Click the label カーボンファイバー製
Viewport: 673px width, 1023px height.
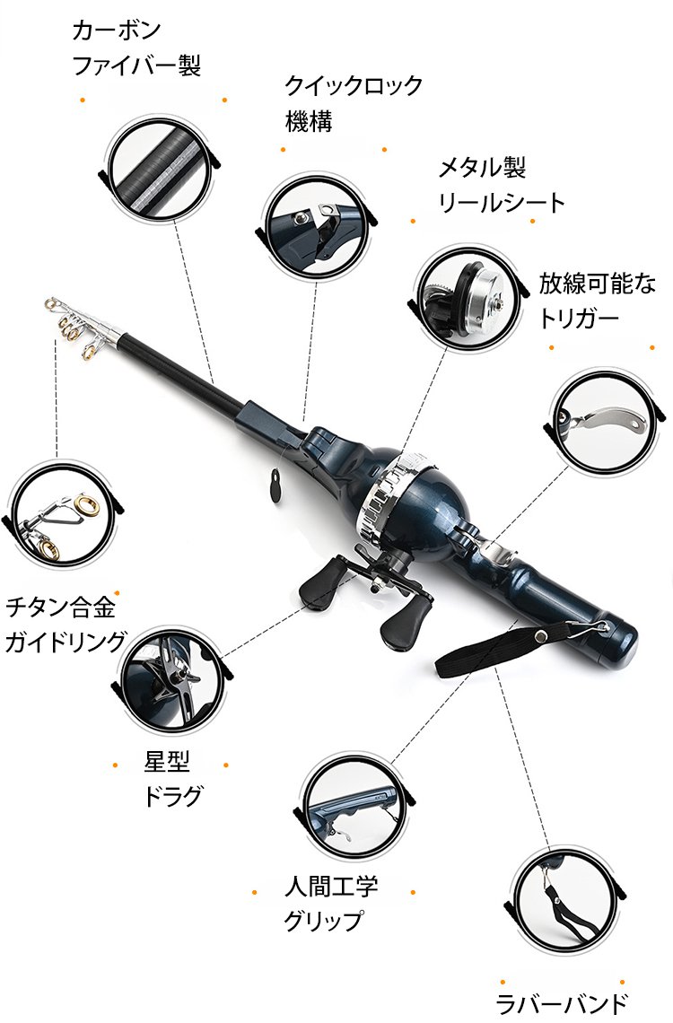coord(136,48)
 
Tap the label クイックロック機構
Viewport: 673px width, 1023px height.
coord(353,103)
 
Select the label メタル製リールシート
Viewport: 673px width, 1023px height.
coord(502,185)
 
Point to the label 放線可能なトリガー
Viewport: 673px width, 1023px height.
coord(597,301)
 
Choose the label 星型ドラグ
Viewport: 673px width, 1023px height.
coord(170,778)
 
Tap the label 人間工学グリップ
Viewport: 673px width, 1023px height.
coord(331,903)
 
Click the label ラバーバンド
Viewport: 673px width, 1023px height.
coord(562,1003)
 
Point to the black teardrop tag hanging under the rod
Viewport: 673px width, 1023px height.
coord(275,486)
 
